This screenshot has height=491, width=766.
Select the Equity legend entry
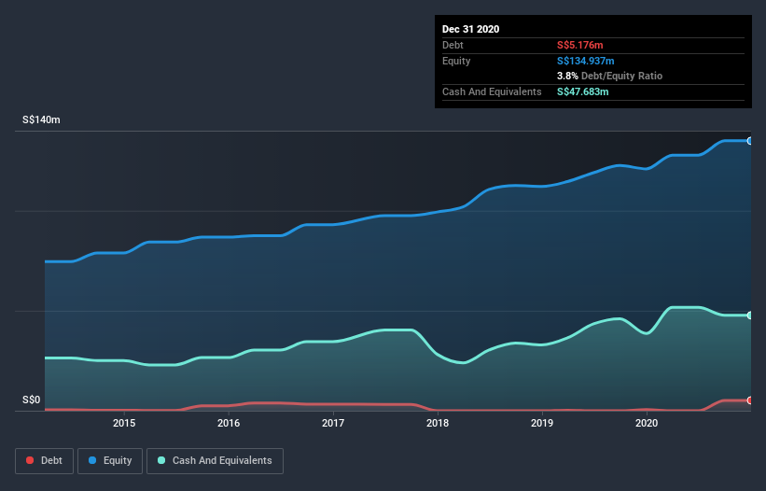[110, 460]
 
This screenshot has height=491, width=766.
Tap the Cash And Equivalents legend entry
[215, 460]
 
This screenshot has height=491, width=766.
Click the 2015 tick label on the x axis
[124, 423]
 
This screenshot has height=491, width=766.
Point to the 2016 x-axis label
[229, 423]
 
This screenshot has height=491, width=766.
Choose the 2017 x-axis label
[333, 423]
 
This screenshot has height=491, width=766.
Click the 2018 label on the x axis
[438, 423]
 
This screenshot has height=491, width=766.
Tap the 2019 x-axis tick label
[542, 423]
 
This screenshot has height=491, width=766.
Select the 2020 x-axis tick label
[647, 423]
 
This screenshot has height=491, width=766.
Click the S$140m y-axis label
[41, 120]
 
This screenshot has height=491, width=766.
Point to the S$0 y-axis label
[31, 400]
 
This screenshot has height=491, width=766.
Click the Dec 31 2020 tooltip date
[470, 29]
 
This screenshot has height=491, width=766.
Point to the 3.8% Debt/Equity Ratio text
[609, 76]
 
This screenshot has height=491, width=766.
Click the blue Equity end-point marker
[750, 141]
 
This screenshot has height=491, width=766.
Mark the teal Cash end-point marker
[750, 316]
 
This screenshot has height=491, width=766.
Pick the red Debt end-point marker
[750, 400]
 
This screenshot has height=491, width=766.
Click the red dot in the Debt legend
[31, 460]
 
